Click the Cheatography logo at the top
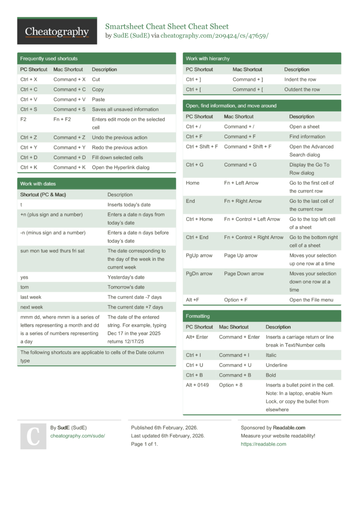[57, 32]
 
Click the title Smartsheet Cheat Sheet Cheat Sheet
[167, 26]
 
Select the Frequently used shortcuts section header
[48, 59]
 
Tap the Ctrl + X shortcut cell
[29, 80]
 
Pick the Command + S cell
[70, 109]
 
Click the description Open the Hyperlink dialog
[120, 167]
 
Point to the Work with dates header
[38, 184]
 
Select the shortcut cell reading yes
[24, 277]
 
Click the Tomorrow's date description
[126, 287]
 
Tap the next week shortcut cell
[31, 307]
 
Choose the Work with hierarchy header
[207, 59]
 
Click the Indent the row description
[300, 80]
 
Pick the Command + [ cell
[248, 90]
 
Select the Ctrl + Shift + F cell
[202, 147]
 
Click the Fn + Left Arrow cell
[241, 183]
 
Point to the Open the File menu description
[311, 300]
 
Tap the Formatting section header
[198, 316]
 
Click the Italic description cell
[271, 355]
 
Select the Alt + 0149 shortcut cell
[197, 385]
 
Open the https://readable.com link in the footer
[263, 444]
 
